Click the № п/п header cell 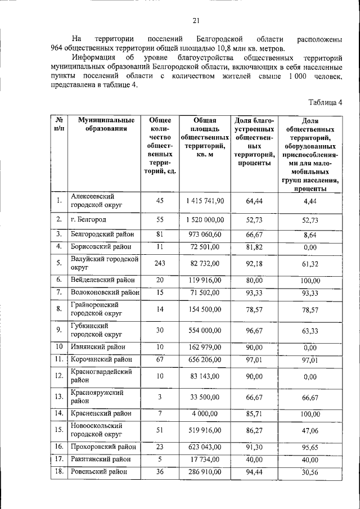(59, 124)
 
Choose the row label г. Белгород (89, 219)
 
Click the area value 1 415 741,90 (205, 201)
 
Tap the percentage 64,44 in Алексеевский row (254, 201)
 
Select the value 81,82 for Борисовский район (254, 246)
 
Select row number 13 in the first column (59, 397)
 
